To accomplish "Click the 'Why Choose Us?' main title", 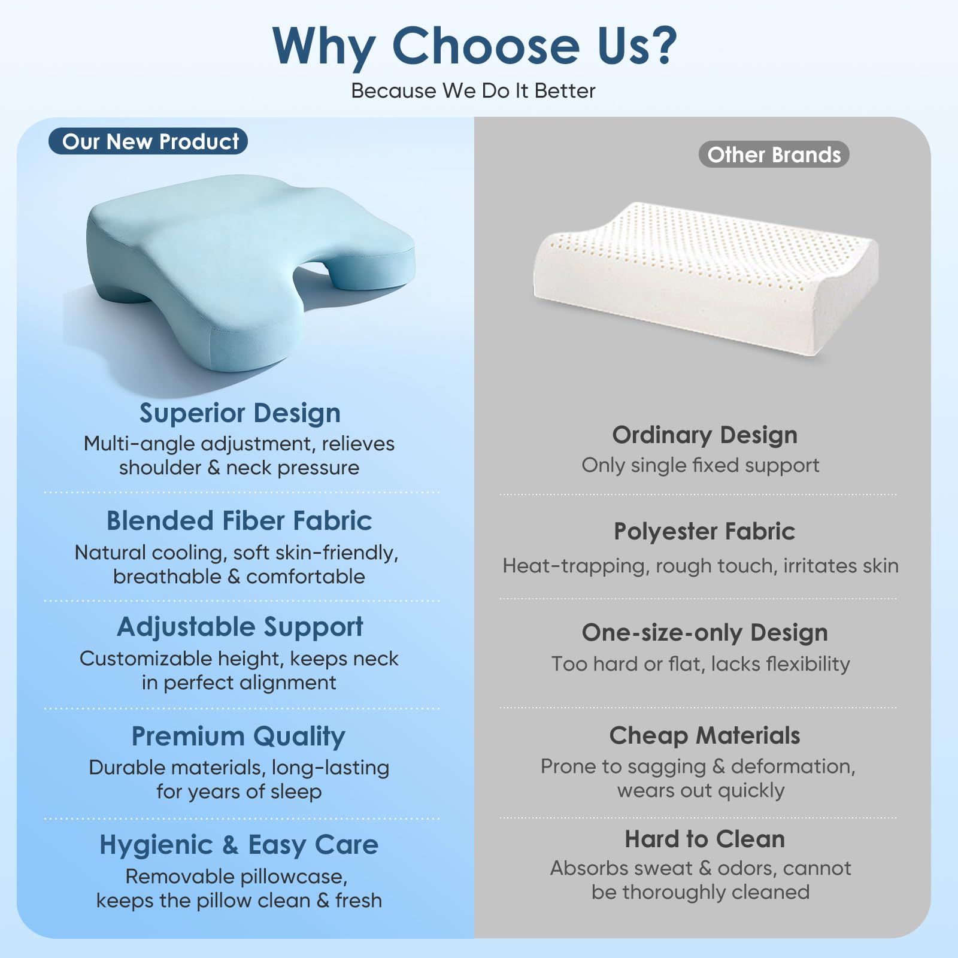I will pyautogui.click(x=474, y=47).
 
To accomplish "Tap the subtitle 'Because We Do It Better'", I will pyautogui.click(x=473, y=91).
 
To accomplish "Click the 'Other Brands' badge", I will pyautogui.click(x=774, y=154).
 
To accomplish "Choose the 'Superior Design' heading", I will pyautogui.click(x=239, y=413).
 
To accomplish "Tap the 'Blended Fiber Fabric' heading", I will pyautogui.click(x=239, y=521).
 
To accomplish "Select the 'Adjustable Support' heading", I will pyautogui.click(x=239, y=627).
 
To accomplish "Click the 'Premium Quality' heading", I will pyautogui.click(x=238, y=736).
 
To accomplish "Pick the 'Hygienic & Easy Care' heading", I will pyautogui.click(x=239, y=845).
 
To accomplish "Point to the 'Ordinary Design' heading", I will pyautogui.click(x=705, y=435).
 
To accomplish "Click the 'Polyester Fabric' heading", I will pyautogui.click(x=705, y=531).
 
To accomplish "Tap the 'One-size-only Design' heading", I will pyautogui.click(x=705, y=633).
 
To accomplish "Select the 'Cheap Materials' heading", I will pyautogui.click(x=705, y=735).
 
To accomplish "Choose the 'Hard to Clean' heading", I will pyautogui.click(x=705, y=839).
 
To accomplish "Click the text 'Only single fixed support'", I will pyautogui.click(x=701, y=465).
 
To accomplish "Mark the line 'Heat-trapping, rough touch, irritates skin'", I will pyautogui.click(x=701, y=566).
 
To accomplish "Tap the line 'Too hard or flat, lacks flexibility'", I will pyautogui.click(x=701, y=664).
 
